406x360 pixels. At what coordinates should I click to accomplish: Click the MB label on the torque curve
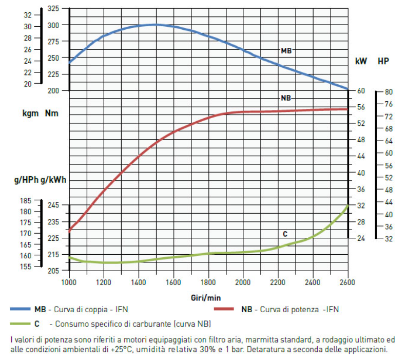coord(286,51)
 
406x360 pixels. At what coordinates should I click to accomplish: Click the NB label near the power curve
coord(286,98)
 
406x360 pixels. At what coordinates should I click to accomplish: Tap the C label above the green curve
coord(285,234)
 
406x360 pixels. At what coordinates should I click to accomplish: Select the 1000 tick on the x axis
coord(69,282)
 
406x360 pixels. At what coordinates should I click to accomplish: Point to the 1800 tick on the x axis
coord(208,282)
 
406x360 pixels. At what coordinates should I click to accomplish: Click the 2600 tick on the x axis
coord(347,282)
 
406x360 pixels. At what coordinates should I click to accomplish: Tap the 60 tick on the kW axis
coord(361,91)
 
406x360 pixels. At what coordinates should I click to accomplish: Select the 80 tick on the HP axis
coord(388,92)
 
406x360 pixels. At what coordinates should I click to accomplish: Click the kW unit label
coord(361,62)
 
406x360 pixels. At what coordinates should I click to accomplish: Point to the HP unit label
coord(383,62)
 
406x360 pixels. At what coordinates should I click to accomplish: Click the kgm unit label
coord(30,113)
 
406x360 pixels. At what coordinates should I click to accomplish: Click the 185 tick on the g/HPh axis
coord(26,201)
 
